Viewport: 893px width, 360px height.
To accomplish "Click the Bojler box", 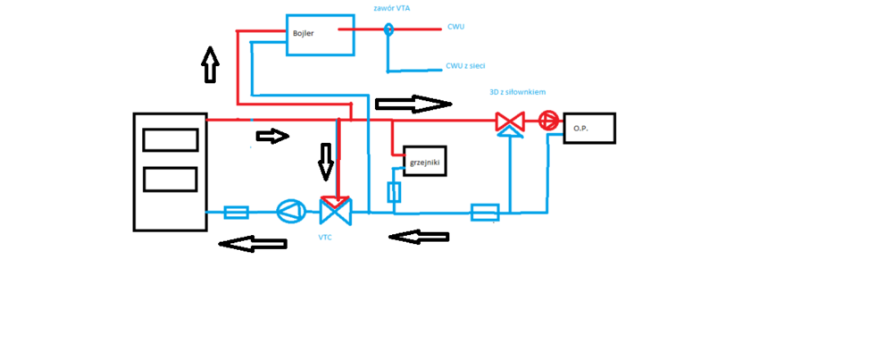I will (x=320, y=35).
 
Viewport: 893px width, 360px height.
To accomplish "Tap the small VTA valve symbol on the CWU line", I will (x=388, y=29).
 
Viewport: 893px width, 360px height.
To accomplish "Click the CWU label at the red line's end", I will (x=455, y=27).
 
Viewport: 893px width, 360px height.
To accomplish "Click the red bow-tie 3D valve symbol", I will (x=510, y=121).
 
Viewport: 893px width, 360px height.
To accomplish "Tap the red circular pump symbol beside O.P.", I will (x=548, y=121).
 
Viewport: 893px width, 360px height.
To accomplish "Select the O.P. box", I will (x=589, y=128).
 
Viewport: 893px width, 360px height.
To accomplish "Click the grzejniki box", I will (x=423, y=161).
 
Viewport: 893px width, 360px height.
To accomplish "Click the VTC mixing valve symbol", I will (x=336, y=212).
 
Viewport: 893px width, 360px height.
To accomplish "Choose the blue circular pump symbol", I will (x=291, y=212).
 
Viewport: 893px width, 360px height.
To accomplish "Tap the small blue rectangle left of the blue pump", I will (x=236, y=212).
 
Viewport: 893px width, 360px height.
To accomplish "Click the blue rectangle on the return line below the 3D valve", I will (x=485, y=213).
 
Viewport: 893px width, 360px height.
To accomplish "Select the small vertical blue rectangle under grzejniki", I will (x=394, y=192).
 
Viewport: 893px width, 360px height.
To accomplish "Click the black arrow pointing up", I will (x=210, y=64).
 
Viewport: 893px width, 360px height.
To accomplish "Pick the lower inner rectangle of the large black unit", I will (x=171, y=180).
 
